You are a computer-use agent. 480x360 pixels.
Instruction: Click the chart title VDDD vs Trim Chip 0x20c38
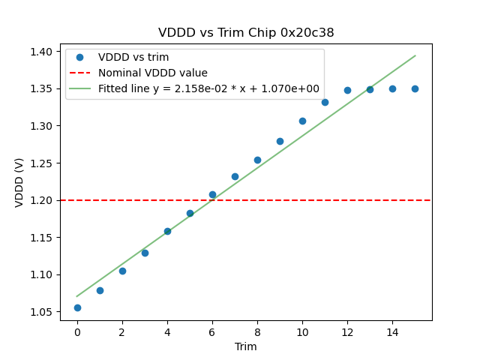[x=246, y=33]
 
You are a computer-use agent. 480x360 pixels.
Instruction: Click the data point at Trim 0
[x=77, y=307]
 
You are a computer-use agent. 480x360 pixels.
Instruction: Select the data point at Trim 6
[x=212, y=194]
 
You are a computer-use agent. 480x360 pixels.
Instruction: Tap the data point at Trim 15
[x=415, y=88]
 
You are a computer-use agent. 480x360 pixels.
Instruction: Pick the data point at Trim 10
[x=302, y=121]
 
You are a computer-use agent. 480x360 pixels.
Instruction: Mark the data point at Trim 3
[x=145, y=253]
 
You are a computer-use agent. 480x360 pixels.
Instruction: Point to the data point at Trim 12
[x=347, y=90]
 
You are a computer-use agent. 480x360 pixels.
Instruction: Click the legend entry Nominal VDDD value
[x=153, y=73]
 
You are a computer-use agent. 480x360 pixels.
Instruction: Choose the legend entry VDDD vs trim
[x=133, y=58]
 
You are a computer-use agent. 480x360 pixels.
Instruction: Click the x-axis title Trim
[x=246, y=346]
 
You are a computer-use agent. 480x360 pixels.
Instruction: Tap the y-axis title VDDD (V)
[x=20, y=181]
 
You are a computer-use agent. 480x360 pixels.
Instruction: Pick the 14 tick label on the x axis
[x=392, y=331]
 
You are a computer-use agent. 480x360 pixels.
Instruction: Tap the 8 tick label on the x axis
[x=257, y=331]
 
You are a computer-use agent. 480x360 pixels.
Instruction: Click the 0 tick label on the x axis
[x=77, y=331]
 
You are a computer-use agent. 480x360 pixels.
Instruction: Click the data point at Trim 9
[x=280, y=141]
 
